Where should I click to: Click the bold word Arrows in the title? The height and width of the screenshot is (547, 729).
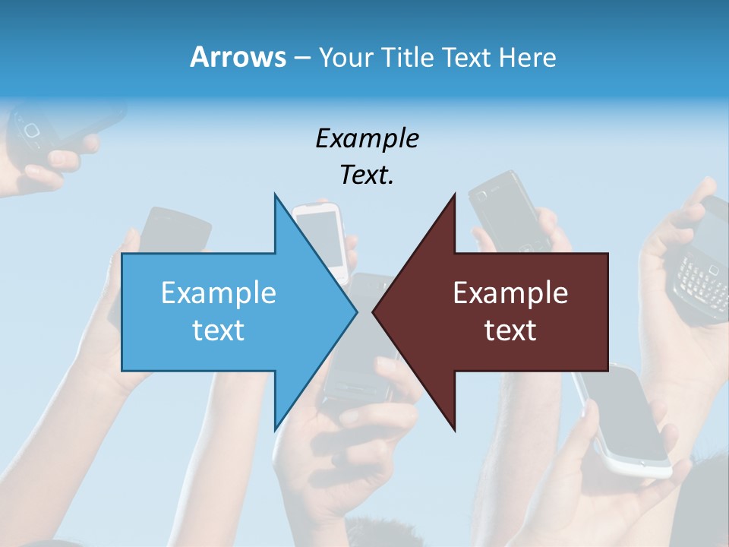(237, 58)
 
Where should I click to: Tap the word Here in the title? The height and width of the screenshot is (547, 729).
(528, 58)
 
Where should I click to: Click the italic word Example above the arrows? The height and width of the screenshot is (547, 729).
(367, 138)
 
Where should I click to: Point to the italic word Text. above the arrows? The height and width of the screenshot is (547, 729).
(367, 175)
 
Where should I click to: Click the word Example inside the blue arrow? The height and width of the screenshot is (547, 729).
(219, 293)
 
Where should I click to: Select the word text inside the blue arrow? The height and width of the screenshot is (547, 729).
(219, 330)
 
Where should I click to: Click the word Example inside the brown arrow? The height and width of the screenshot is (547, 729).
(510, 293)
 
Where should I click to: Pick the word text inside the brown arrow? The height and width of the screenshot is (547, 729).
(510, 330)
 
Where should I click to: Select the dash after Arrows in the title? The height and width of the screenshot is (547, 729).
(301, 58)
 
